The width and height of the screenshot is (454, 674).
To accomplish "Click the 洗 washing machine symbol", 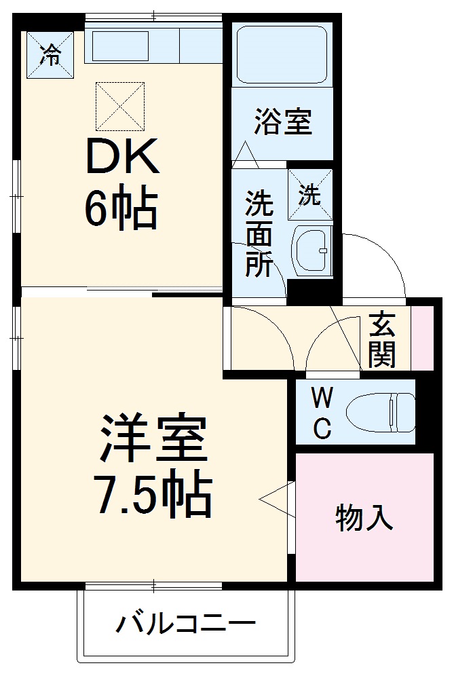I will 310,195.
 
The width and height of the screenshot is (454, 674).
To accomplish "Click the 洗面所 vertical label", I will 259,234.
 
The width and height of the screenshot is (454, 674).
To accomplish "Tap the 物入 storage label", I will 364,519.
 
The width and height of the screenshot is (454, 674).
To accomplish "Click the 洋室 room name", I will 153,441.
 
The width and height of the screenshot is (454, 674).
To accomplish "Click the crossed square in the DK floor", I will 120,106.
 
